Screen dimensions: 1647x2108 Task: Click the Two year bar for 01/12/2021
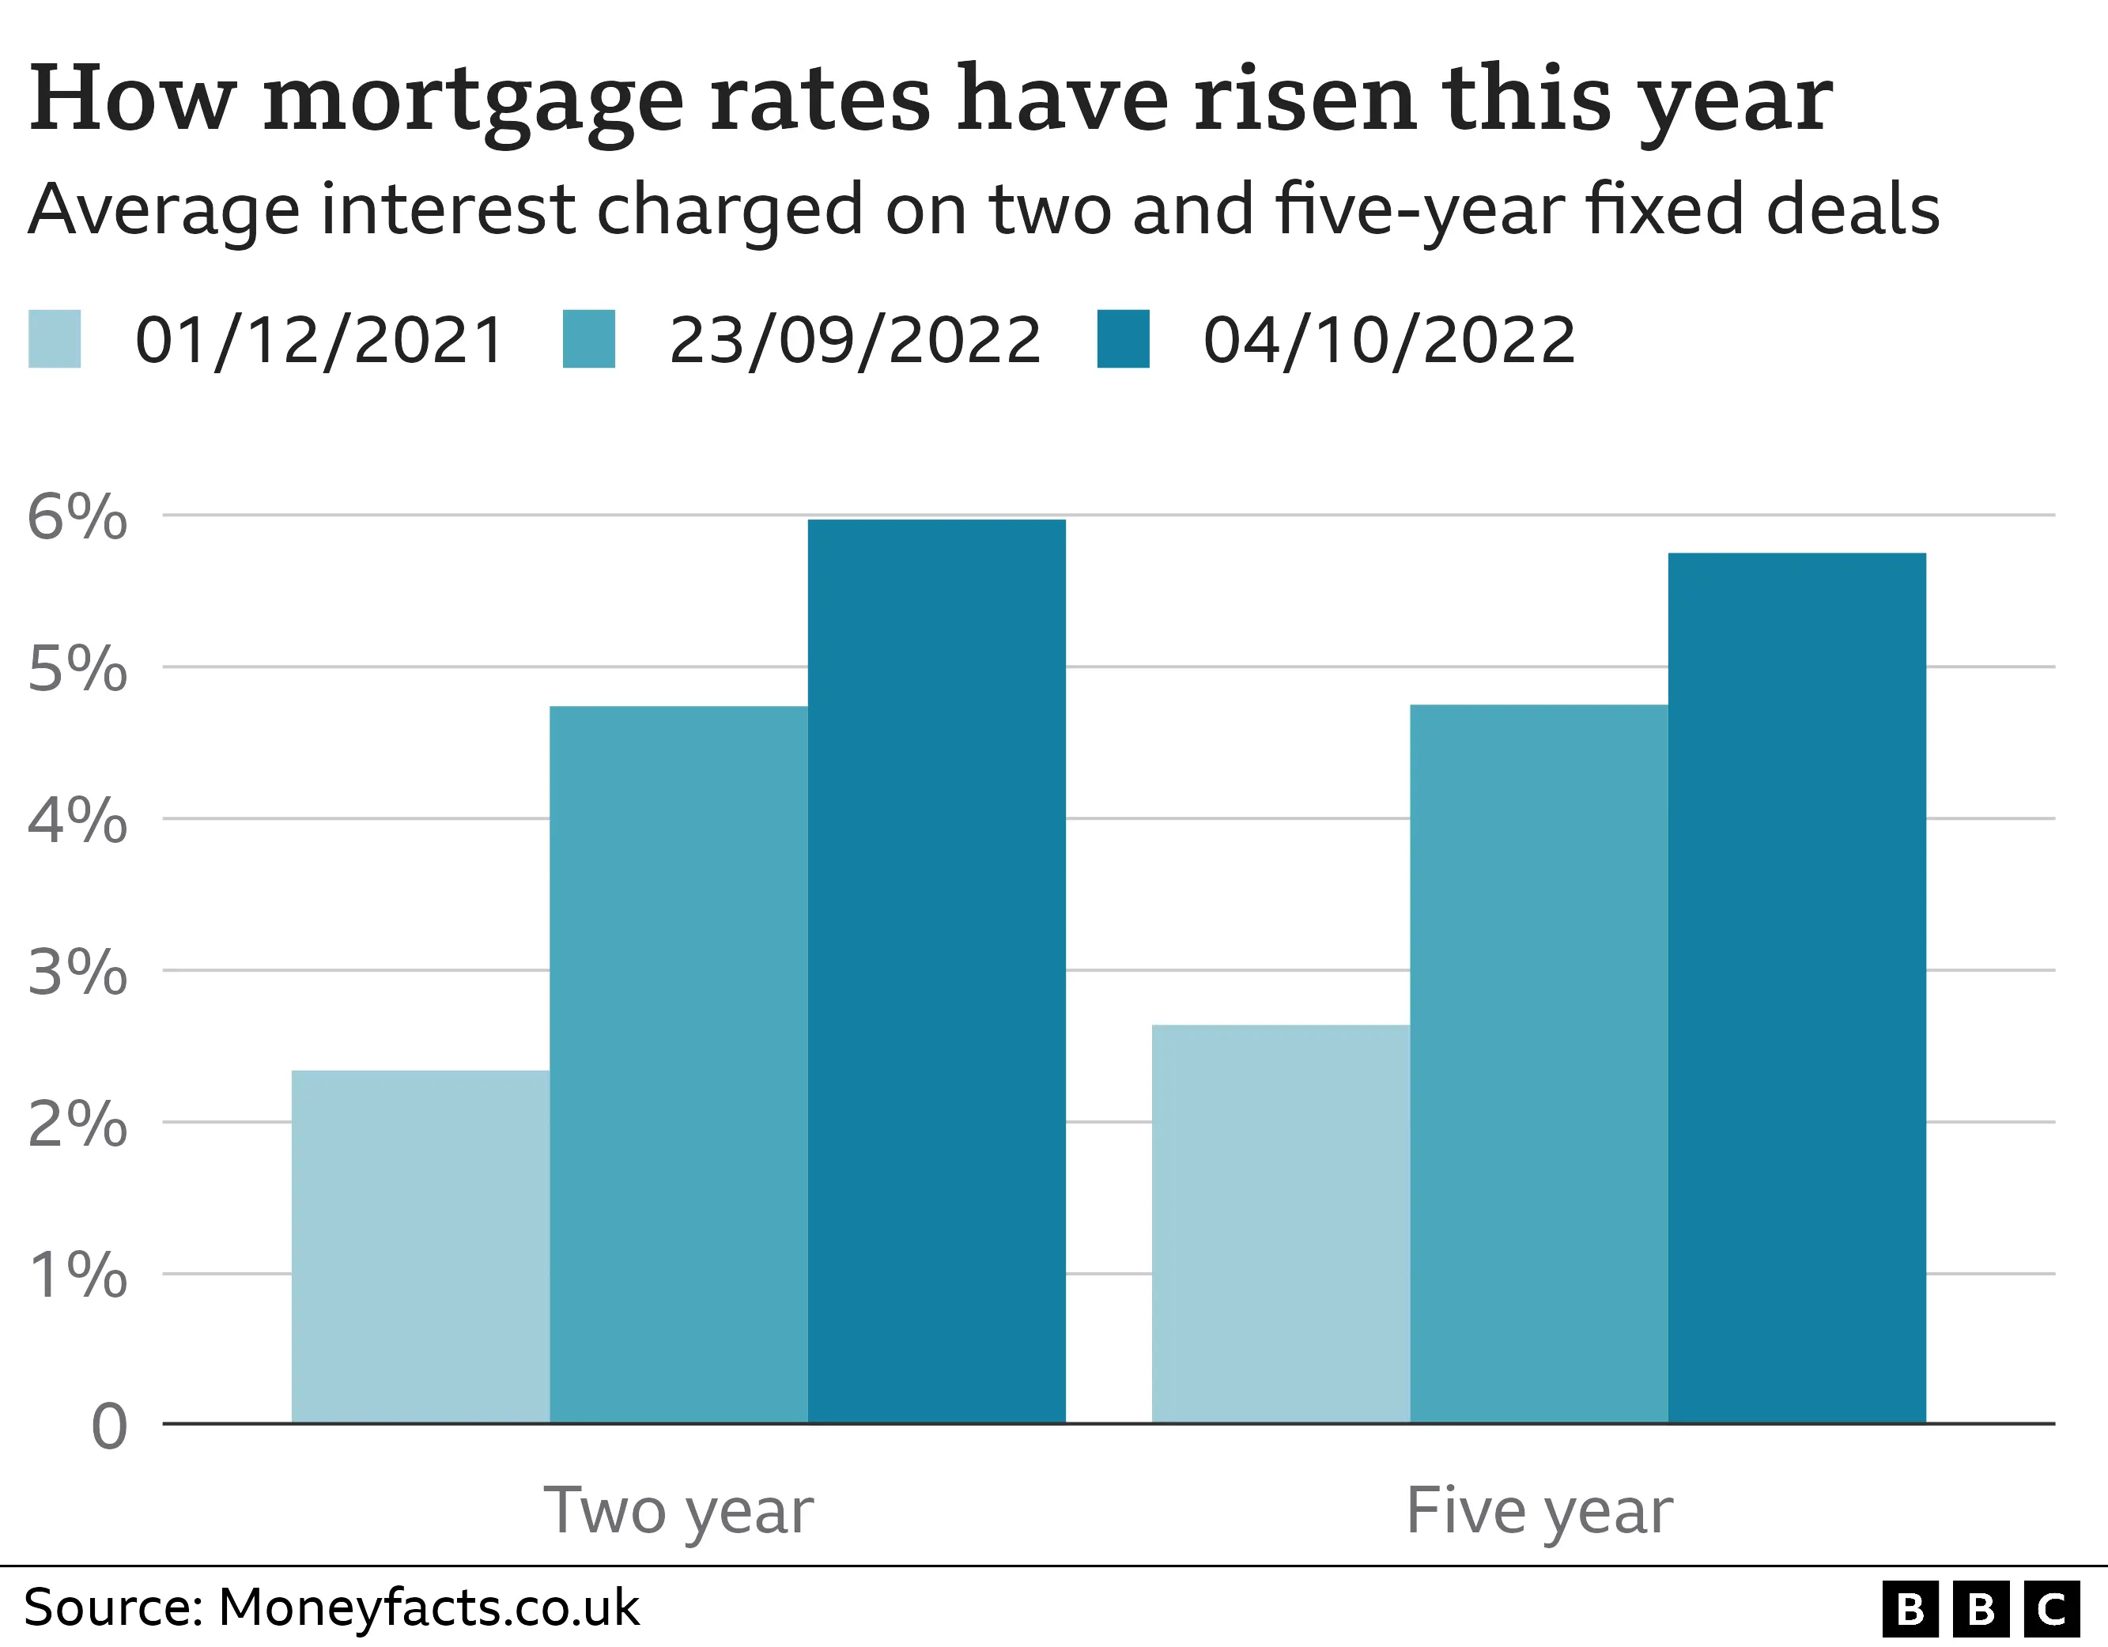tap(420, 1245)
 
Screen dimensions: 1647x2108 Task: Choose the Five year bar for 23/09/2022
tap(1539, 1063)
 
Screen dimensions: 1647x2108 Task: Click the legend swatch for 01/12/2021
tap(54, 339)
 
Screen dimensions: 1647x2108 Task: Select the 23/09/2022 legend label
tap(854, 340)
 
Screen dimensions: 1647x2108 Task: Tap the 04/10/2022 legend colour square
tap(1123, 339)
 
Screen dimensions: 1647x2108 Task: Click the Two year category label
tap(678, 1511)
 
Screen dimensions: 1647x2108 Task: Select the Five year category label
tap(1539, 1511)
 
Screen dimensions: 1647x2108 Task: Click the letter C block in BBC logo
tap(2051, 1609)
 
